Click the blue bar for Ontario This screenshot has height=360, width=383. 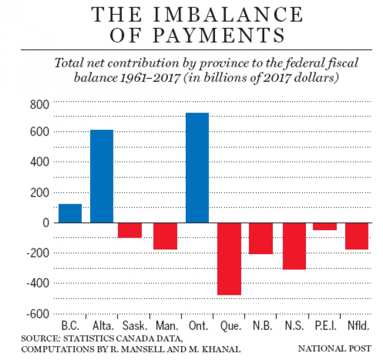coord(197,168)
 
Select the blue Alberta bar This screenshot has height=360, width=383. coord(102,176)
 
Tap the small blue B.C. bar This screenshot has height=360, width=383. coord(70,213)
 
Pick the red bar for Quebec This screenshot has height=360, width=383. coord(229,259)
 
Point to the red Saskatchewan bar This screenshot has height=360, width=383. coord(130,230)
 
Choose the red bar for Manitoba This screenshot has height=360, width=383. coord(165,236)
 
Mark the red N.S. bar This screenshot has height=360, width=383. coord(293,246)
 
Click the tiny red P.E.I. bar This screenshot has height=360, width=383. coord(325,226)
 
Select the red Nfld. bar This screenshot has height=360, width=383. coord(357,236)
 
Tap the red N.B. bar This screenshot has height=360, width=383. coord(260,238)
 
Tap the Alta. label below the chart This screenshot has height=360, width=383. coord(101,327)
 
